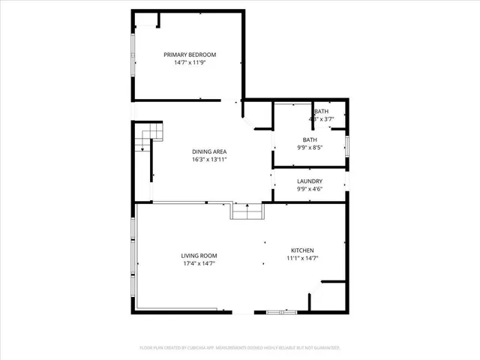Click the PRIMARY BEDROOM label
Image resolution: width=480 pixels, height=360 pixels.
point(190,55)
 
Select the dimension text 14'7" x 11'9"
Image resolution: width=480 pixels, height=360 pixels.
point(190,63)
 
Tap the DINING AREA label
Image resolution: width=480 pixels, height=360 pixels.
point(209,151)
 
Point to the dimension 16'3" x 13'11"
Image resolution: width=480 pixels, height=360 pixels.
point(209,160)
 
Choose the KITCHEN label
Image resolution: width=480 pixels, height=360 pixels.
point(302,250)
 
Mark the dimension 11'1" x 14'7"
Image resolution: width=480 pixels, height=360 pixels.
point(302,259)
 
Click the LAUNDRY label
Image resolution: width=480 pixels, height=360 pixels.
point(310,181)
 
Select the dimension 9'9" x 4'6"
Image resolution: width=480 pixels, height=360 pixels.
point(310,190)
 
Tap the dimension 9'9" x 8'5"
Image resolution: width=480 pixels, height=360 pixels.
point(310,148)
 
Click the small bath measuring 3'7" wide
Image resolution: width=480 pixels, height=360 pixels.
point(322,115)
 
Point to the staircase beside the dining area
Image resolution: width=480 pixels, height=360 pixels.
point(148,136)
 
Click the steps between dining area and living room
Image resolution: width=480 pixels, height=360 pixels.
point(247,212)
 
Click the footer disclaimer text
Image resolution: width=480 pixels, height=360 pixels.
point(240,348)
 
